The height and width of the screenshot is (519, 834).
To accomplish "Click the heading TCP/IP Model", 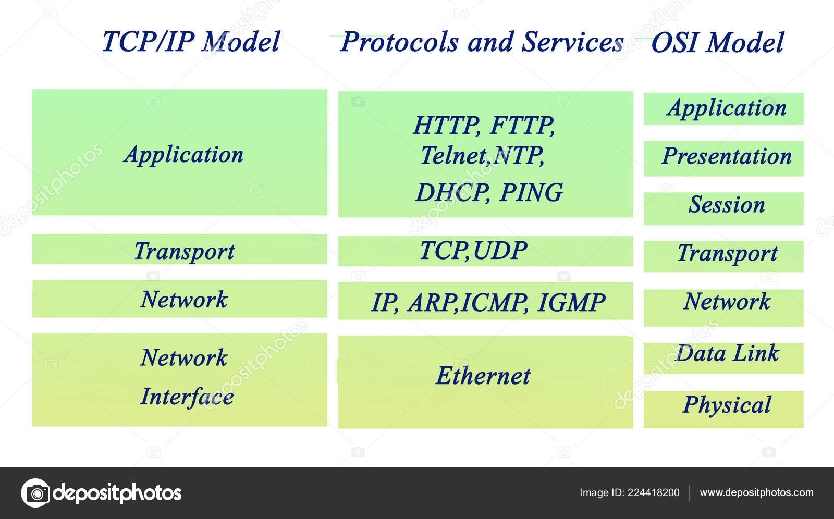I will click(191, 42).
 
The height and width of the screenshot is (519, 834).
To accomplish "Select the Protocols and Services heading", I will click(482, 42).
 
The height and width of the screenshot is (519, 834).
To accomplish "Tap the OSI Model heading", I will click(717, 42).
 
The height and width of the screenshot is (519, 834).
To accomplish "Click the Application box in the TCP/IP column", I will click(179, 152).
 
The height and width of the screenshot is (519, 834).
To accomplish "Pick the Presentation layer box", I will click(723, 158).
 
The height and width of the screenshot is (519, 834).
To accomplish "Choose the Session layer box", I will click(723, 208).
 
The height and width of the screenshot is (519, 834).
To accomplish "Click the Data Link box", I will click(723, 357).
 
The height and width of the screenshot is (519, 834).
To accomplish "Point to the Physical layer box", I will click(723, 409).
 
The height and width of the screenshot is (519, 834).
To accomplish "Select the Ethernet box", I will click(485, 381).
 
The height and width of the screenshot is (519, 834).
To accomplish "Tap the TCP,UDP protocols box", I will click(485, 251).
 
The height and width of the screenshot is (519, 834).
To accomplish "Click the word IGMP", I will click(571, 303).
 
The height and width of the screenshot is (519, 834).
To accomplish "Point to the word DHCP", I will click(451, 192).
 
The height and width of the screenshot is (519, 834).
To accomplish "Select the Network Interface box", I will click(179, 379).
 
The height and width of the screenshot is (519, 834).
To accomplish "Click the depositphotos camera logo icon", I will click(35, 492).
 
